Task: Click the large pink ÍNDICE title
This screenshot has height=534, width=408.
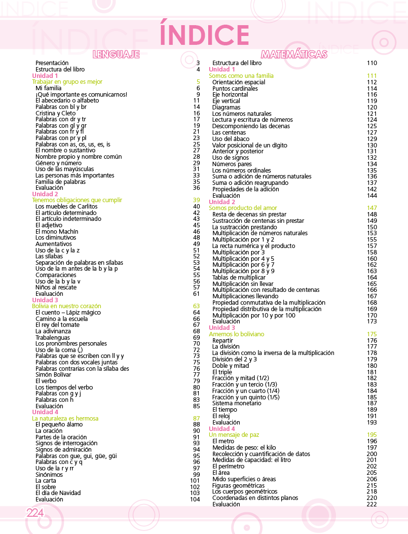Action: pos(204,35)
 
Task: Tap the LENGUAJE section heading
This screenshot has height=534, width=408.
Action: pos(116,54)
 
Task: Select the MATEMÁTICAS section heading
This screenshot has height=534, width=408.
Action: pos(294,54)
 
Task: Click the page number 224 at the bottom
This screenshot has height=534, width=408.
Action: pos(35,513)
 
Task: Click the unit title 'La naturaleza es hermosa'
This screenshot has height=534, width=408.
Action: pos(65,418)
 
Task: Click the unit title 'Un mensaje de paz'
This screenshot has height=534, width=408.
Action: pos(234,435)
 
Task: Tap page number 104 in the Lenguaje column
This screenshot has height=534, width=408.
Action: pos(195,499)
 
